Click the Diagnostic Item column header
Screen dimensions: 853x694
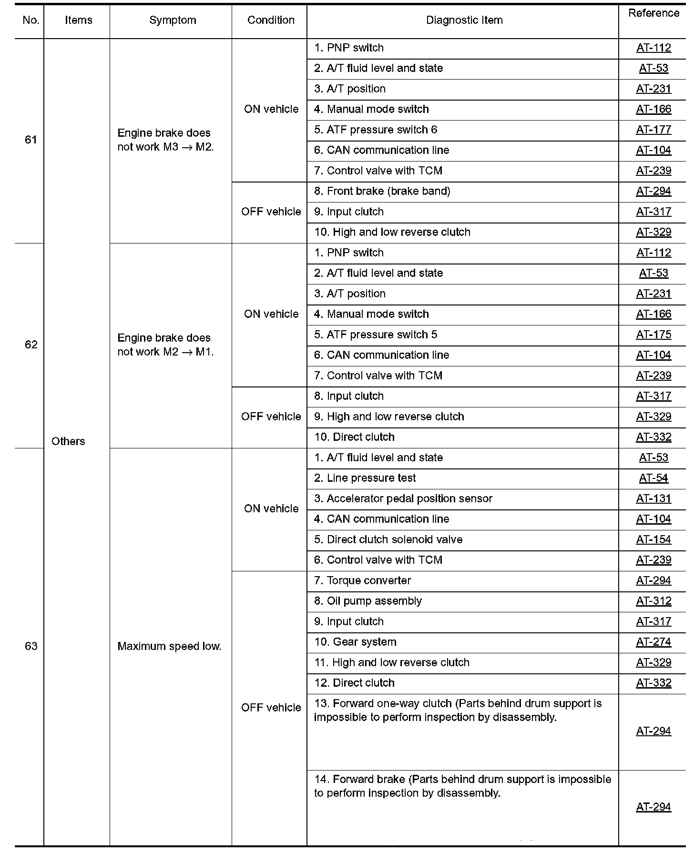464,20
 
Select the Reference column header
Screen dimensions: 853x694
653,13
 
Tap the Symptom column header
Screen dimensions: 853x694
173,20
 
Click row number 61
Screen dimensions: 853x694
31,140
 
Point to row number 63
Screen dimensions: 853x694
31,646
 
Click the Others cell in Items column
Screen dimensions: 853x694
68,441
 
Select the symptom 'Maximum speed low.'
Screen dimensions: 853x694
169,646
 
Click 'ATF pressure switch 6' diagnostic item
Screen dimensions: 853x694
376,130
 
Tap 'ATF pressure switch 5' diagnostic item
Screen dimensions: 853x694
376,335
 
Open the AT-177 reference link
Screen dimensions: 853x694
653,130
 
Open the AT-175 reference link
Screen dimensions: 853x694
653,335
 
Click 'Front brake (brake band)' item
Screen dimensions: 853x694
382,191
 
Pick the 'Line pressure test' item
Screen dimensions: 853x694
365,478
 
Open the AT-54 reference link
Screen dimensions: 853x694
653,478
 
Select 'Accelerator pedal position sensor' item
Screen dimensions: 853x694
403,498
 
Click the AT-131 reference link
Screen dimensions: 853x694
653,498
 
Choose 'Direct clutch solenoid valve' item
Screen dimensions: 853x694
388,539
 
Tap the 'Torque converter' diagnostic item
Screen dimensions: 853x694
363,580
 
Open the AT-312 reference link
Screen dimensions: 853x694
653,601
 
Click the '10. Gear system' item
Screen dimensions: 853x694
355,642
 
